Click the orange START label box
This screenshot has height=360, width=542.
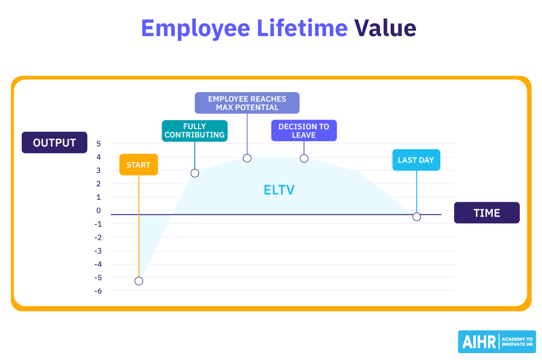(x=139, y=165)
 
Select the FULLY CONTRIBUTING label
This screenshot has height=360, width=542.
(x=195, y=131)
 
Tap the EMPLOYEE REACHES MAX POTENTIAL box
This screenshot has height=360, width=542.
(x=247, y=103)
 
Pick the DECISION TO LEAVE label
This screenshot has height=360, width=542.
(x=304, y=131)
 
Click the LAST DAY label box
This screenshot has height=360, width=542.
(x=416, y=160)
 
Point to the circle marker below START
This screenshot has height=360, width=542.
(x=139, y=281)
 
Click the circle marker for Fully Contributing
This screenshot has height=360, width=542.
(x=195, y=173)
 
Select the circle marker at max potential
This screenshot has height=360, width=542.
(x=247, y=158)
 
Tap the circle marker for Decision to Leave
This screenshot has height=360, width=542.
(x=304, y=158)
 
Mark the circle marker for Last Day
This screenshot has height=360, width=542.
(x=417, y=217)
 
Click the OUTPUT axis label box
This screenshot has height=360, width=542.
(x=55, y=142)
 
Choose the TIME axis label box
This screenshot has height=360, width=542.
(x=486, y=213)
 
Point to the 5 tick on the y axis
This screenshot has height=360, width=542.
(x=98, y=143)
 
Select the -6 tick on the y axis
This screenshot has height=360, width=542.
(x=97, y=291)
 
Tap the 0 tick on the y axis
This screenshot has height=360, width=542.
(x=98, y=210)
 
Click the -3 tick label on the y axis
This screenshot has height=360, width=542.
(x=97, y=250)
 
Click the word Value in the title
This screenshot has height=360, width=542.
(x=385, y=28)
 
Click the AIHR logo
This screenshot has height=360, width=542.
(x=496, y=341)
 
